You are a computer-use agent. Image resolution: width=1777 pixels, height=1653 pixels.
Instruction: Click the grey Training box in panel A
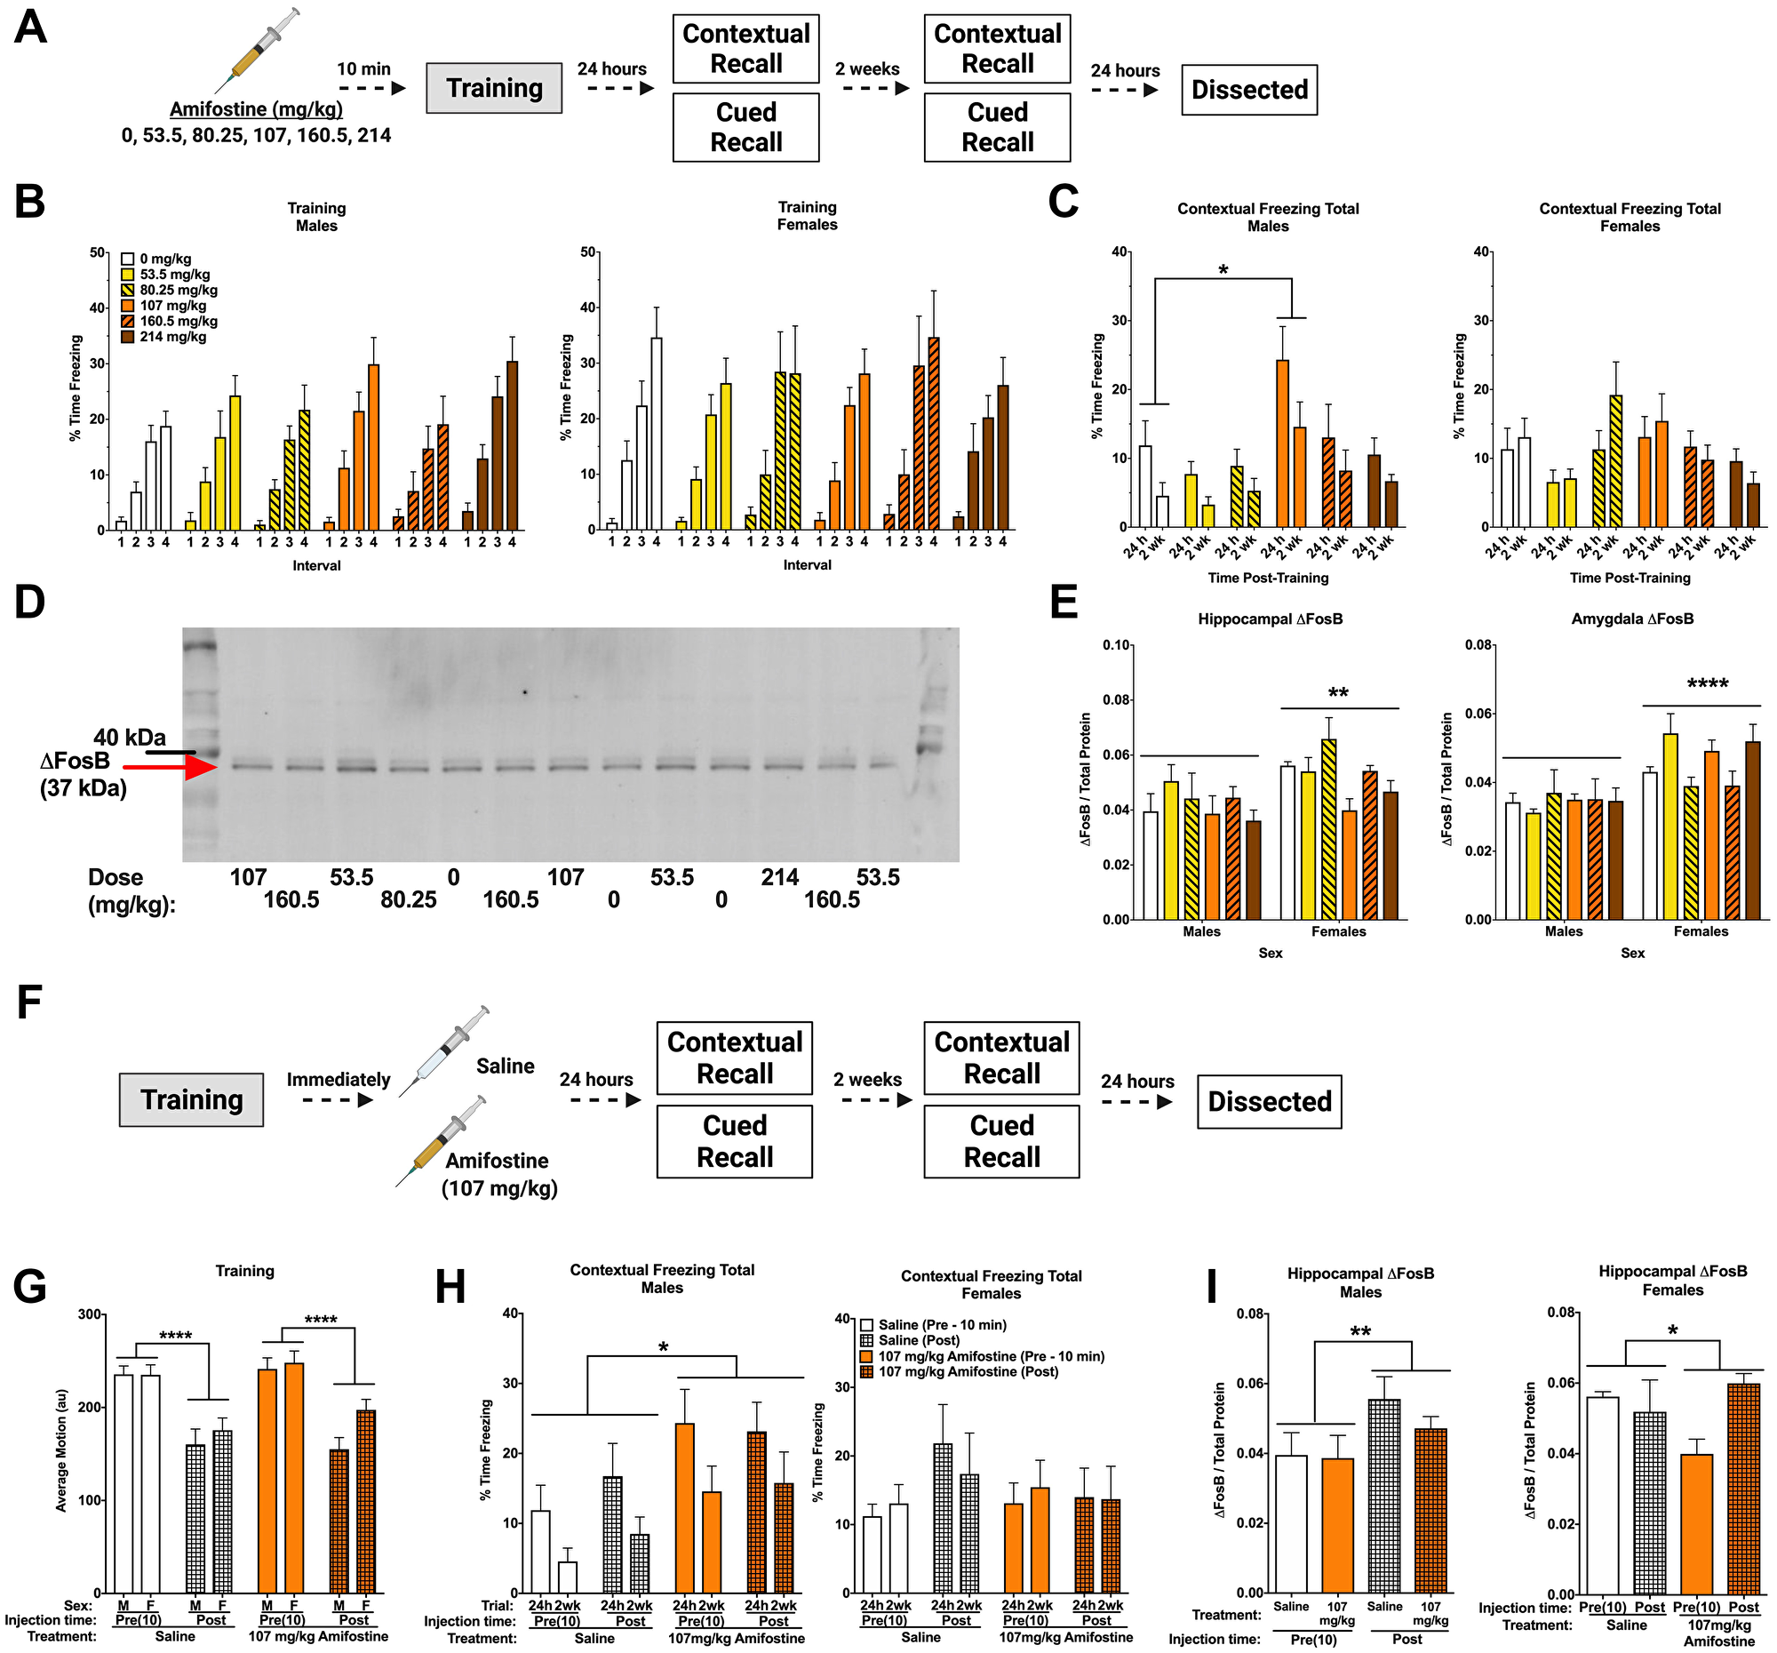click(493, 88)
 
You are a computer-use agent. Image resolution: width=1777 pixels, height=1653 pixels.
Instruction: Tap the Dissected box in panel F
click(1269, 1101)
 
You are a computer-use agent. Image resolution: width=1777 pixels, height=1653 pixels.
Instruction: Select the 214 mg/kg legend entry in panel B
click(171, 337)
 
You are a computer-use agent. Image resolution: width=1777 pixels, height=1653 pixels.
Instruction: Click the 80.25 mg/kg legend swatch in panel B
click(128, 290)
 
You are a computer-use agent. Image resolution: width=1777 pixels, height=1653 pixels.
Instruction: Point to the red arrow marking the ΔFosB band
click(170, 766)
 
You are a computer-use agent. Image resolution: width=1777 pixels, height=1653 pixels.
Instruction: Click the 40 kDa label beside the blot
click(130, 737)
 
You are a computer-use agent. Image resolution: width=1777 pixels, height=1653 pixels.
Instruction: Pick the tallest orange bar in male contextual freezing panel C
click(1282, 443)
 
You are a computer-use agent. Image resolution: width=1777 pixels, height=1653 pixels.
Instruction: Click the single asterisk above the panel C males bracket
click(1222, 270)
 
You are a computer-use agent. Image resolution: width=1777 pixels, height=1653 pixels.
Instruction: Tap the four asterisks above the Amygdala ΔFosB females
click(1707, 685)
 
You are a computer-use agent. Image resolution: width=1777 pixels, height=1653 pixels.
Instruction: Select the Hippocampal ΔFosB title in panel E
click(1270, 619)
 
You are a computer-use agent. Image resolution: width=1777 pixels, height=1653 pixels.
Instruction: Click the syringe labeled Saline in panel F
click(444, 1049)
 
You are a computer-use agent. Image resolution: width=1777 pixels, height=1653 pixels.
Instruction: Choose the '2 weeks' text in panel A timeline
click(867, 68)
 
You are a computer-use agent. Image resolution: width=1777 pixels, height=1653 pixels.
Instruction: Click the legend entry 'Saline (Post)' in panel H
click(918, 1340)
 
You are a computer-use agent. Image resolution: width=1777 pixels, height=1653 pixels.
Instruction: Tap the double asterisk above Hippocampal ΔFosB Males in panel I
click(1359, 1332)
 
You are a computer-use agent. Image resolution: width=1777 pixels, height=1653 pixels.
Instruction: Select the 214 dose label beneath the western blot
click(779, 877)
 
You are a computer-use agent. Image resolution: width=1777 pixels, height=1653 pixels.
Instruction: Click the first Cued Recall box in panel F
click(734, 1141)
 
